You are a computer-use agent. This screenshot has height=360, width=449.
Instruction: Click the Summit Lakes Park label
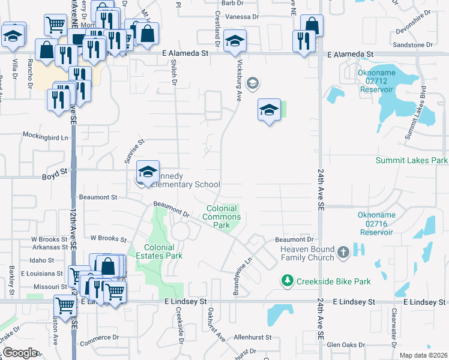tap(411, 161)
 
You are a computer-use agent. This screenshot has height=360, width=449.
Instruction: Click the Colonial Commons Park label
tap(222, 217)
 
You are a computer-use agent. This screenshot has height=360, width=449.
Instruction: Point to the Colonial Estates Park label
tap(159, 251)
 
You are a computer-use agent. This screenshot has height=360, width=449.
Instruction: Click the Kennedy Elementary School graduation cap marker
tap(148, 172)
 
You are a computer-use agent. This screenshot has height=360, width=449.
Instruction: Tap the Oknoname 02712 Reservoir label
tap(375, 80)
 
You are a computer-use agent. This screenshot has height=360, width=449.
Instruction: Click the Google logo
tap(20, 353)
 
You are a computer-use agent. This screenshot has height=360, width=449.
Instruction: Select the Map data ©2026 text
tap(423, 355)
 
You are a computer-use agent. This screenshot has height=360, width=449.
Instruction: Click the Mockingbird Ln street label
tap(46, 137)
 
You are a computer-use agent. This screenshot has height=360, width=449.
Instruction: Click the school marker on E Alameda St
tap(234, 41)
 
